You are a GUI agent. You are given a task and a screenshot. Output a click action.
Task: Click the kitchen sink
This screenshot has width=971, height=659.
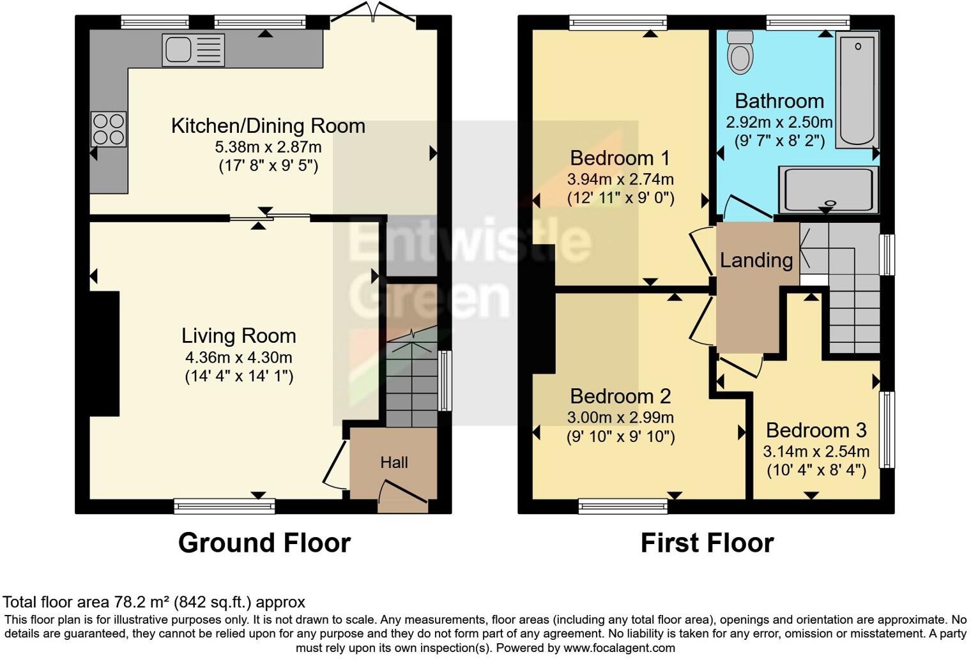(x=194, y=50)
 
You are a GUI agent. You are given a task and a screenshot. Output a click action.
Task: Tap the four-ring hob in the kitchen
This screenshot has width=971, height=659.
(x=109, y=129)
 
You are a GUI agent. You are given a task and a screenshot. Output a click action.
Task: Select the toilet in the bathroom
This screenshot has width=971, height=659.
(x=740, y=52)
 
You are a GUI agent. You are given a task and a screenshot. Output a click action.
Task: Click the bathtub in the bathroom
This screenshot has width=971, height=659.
(x=857, y=89)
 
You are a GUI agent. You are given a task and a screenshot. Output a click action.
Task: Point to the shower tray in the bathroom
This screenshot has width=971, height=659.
(x=828, y=190)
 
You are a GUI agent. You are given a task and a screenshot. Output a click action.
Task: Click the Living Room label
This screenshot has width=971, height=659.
(x=238, y=336)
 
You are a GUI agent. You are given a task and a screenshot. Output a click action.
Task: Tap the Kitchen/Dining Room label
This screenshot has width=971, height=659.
(x=268, y=126)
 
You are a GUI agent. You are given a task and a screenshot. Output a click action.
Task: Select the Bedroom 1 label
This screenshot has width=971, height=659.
(x=620, y=158)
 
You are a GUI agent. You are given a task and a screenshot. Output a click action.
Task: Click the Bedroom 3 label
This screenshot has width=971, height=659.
(x=816, y=430)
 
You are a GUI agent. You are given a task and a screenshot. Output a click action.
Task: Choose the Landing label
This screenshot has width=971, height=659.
(x=756, y=260)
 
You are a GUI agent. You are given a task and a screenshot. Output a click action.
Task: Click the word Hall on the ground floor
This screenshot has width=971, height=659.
(x=394, y=462)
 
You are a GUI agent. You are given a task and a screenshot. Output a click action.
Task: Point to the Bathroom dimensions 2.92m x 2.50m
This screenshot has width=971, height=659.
(x=779, y=121)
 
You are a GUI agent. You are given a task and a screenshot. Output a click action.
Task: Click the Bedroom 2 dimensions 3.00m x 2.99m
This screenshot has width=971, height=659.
(x=620, y=418)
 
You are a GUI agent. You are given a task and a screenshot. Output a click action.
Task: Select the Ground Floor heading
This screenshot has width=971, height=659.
(x=264, y=543)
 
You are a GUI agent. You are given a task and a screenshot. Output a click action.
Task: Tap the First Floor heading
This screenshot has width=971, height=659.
(x=707, y=543)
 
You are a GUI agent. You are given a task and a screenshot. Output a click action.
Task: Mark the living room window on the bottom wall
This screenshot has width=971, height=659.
(x=224, y=506)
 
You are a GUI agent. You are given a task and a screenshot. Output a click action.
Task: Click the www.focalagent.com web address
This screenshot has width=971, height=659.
(x=618, y=648)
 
